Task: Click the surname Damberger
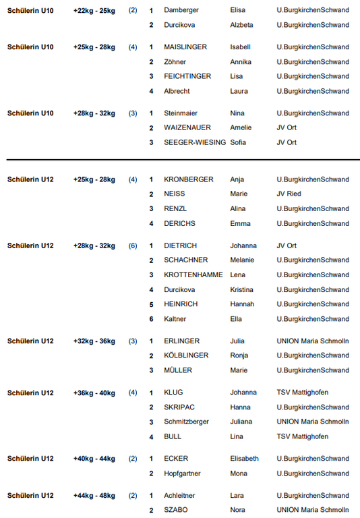click(x=181, y=11)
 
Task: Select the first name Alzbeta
click(x=242, y=26)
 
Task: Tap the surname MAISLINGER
click(x=185, y=48)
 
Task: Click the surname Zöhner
click(x=175, y=62)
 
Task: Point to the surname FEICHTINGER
click(x=187, y=77)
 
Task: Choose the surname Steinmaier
click(x=181, y=113)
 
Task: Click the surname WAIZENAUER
click(x=188, y=128)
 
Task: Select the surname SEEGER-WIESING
click(x=195, y=143)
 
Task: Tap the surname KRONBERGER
click(x=188, y=180)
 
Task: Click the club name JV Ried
click(x=289, y=194)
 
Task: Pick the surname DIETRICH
click(x=181, y=246)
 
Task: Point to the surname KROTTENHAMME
click(x=192, y=275)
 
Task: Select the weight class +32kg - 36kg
click(x=94, y=341)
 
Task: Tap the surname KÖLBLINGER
click(x=185, y=355)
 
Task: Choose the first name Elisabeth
click(x=244, y=459)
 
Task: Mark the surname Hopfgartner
click(x=182, y=473)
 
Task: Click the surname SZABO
click(x=175, y=510)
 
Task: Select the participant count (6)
click(x=133, y=246)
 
